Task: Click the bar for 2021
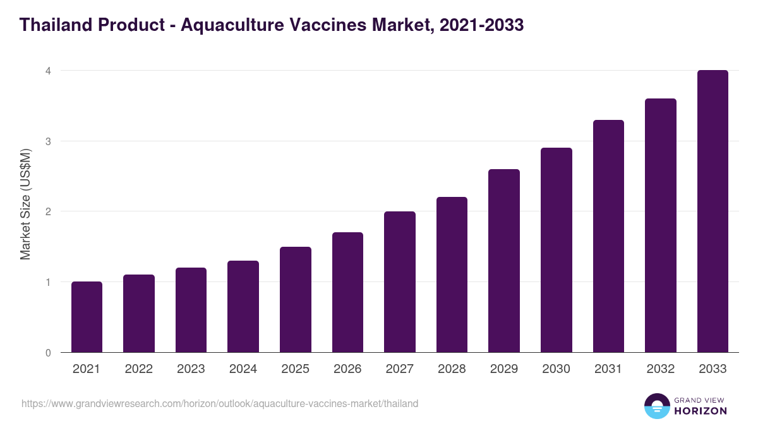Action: [x=87, y=317]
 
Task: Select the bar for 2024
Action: [x=243, y=307]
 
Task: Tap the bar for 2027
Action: [x=400, y=282]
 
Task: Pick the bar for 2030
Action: [x=556, y=250]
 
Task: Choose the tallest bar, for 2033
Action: [x=713, y=211]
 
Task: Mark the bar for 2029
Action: [x=504, y=261]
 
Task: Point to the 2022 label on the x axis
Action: [x=138, y=369]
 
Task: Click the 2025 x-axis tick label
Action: [x=295, y=369]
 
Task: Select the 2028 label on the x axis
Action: [x=452, y=369]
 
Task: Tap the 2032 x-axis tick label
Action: [x=661, y=369]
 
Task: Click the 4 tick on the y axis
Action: [x=47, y=71]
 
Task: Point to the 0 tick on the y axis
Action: [x=47, y=353]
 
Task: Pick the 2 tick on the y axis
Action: [x=47, y=211]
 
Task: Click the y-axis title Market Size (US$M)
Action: [x=26, y=204]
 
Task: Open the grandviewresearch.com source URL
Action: [x=220, y=403]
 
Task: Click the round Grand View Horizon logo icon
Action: [x=656, y=406]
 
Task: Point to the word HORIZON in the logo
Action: [x=700, y=411]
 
